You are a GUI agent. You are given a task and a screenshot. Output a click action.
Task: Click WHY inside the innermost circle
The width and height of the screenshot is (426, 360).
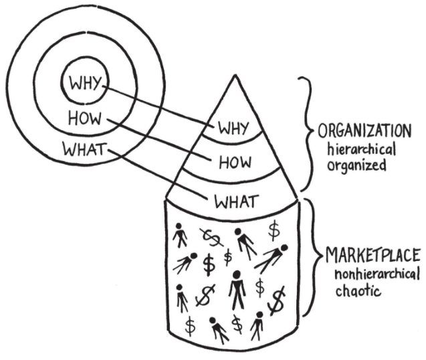pyautogui.click(x=84, y=85)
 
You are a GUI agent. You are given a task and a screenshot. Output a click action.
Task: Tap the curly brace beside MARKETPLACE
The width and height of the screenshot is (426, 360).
pyautogui.click(x=312, y=258)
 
